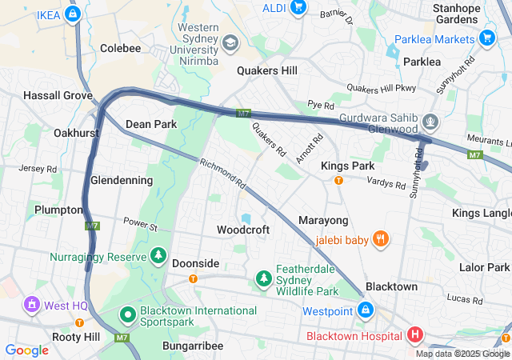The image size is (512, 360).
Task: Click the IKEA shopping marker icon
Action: click(73, 14)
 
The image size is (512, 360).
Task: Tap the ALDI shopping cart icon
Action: click(298, 8)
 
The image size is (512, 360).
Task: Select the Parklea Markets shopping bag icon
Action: click(486, 38)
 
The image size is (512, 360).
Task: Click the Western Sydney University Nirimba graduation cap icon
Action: click(230, 42)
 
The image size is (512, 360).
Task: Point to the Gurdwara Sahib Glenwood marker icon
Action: click(431, 122)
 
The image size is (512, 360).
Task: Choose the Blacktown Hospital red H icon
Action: click(415, 335)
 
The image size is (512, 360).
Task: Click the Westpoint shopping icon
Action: click(365, 310)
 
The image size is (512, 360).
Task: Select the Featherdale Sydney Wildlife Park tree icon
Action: click(263, 278)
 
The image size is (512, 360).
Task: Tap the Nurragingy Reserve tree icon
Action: click(158, 257)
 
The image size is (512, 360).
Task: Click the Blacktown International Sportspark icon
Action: click(127, 316)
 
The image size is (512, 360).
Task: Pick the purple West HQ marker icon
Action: click(31, 305)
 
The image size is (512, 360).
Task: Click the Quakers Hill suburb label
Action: click(267, 70)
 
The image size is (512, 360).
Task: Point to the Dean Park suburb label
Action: click(151, 124)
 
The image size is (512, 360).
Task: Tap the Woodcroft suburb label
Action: click(243, 230)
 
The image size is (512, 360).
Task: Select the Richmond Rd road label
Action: click(224, 172)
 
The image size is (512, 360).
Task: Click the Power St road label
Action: click(141, 224)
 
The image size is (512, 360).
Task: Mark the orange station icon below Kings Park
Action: click(338, 180)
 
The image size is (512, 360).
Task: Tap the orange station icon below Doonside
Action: click(193, 278)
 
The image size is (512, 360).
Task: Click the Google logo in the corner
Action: click(26, 350)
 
